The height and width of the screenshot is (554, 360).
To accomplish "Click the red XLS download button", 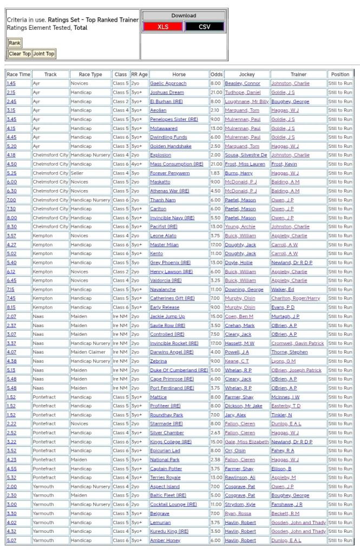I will [x=162, y=27].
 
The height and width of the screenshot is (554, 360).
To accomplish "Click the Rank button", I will [x=15, y=43].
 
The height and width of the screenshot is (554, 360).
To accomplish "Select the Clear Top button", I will [x=19, y=54].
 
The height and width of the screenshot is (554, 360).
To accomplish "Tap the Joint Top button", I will [x=44, y=54].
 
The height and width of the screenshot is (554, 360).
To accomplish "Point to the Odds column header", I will [x=216, y=74].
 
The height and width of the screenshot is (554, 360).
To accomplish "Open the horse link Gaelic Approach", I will [x=168, y=83].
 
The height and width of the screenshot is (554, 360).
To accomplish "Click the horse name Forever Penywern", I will [x=169, y=173].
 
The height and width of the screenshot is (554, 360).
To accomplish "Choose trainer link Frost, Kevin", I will [x=284, y=164].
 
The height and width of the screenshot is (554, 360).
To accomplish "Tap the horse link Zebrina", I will [x=159, y=361].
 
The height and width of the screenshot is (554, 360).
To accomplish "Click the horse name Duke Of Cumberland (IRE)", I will [x=179, y=370].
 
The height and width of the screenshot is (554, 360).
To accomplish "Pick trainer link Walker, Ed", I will [x=283, y=290].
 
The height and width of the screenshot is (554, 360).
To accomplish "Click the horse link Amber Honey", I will [x=165, y=540].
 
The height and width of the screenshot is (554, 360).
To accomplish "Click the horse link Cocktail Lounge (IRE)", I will [x=173, y=505].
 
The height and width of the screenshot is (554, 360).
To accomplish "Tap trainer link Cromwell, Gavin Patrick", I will [x=298, y=343].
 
